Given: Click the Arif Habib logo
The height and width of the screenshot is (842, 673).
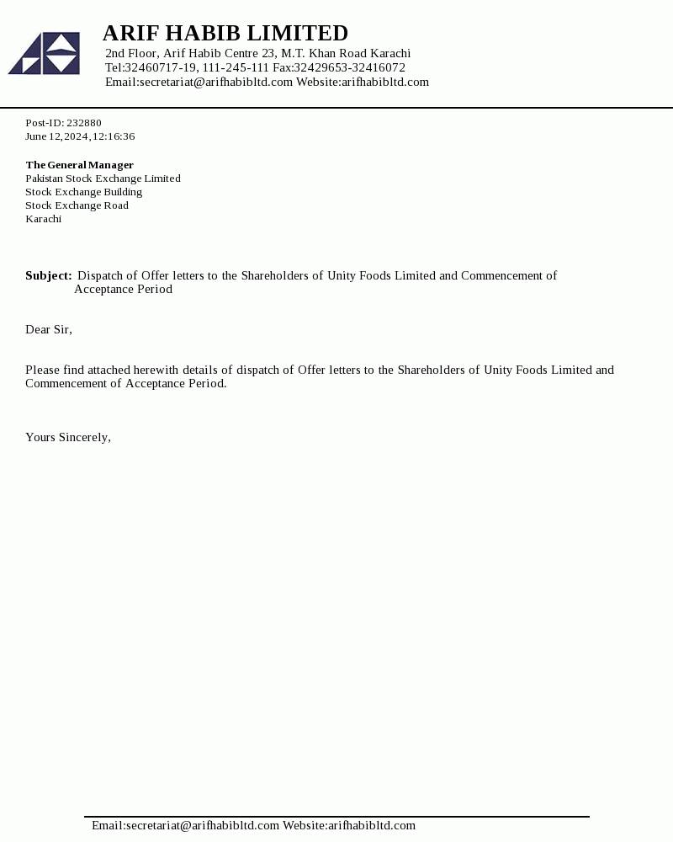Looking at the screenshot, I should coord(44,53).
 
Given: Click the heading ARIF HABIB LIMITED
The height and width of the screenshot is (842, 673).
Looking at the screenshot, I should coord(225,33).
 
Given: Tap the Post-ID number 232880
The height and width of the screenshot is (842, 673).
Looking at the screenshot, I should coord(84,123).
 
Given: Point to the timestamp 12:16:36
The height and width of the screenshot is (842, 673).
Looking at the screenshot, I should coord(114,136).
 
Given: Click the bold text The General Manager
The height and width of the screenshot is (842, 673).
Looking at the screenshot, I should coord(79,165).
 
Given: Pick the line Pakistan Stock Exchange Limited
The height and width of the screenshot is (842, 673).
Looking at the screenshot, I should coord(103,179).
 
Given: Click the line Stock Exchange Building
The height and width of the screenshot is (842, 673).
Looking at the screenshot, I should coord(83,192).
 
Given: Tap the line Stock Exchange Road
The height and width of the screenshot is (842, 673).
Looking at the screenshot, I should coord(77,205).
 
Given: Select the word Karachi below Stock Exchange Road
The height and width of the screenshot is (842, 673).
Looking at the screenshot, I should coord(43,219).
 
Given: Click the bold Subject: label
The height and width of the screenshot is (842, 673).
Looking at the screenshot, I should coord(48,275).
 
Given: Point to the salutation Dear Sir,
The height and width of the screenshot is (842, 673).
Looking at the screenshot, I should coord(49,329).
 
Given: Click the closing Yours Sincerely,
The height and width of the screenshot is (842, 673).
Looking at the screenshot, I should coord(68,437).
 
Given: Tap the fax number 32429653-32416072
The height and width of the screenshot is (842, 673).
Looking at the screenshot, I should coord(349,67).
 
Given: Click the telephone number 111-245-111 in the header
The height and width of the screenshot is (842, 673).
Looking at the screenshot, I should coord(236,67).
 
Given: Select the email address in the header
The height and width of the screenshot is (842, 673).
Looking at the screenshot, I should coord(216,82).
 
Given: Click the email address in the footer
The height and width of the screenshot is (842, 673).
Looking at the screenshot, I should coord(203,825).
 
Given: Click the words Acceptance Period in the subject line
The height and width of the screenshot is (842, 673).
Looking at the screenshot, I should coord(123,289).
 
